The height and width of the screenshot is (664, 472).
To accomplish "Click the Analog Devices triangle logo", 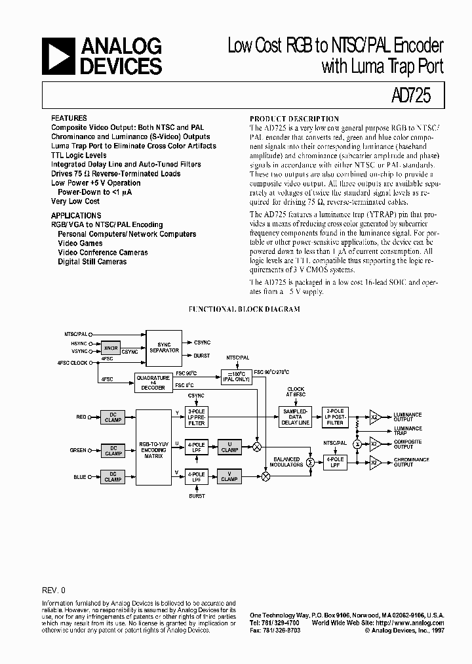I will tap(58, 56).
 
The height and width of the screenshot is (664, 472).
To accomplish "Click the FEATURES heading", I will tap(68, 119).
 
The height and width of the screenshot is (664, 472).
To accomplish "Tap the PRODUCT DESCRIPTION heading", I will tap(294, 119).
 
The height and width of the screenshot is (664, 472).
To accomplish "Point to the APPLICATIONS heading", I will tap(76, 215).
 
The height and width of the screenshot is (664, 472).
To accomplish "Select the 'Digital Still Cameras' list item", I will tap(92, 261).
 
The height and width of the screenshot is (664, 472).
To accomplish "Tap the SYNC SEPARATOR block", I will tap(163, 348).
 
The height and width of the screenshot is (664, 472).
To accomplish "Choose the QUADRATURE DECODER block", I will tap(153, 383).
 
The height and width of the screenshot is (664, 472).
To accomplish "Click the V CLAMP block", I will tap(229, 476).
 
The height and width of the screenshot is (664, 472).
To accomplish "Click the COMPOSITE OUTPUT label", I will tap(408, 444).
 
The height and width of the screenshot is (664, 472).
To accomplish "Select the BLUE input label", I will tap(79, 477).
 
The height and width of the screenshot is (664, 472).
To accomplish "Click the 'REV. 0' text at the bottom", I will tap(54, 591).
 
